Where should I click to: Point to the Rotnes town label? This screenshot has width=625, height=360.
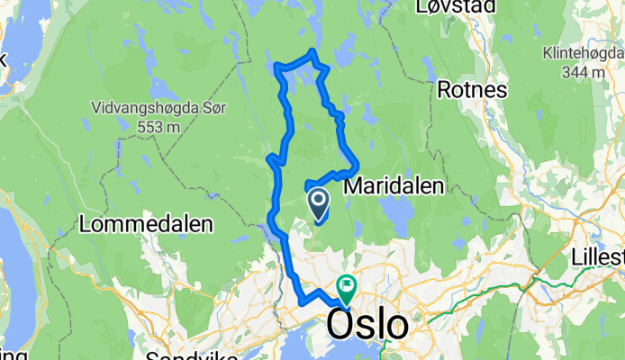(x=472, y=89)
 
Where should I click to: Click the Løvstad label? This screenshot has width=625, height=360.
(x=456, y=8)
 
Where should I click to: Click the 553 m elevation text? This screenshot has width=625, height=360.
(x=159, y=128)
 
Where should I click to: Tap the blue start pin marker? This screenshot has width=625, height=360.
(x=319, y=202)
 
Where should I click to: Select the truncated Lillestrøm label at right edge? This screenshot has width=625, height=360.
(x=598, y=258)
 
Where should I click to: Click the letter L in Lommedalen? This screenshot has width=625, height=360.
(x=86, y=223)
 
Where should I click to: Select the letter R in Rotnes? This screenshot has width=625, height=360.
(x=446, y=89)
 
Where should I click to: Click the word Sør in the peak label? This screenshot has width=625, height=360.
(x=213, y=108)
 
